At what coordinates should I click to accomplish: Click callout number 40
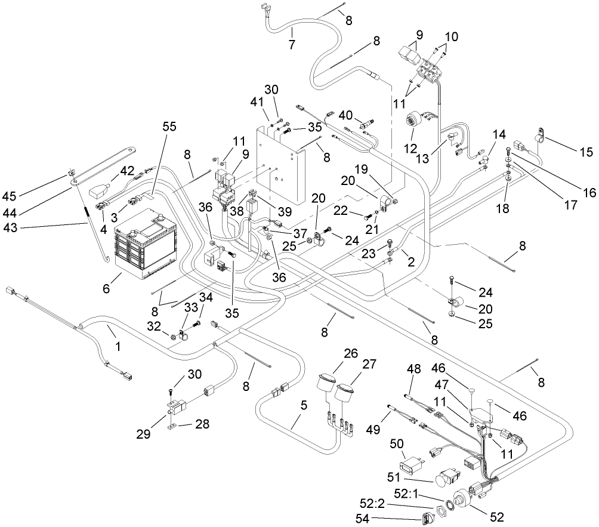(345, 114)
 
